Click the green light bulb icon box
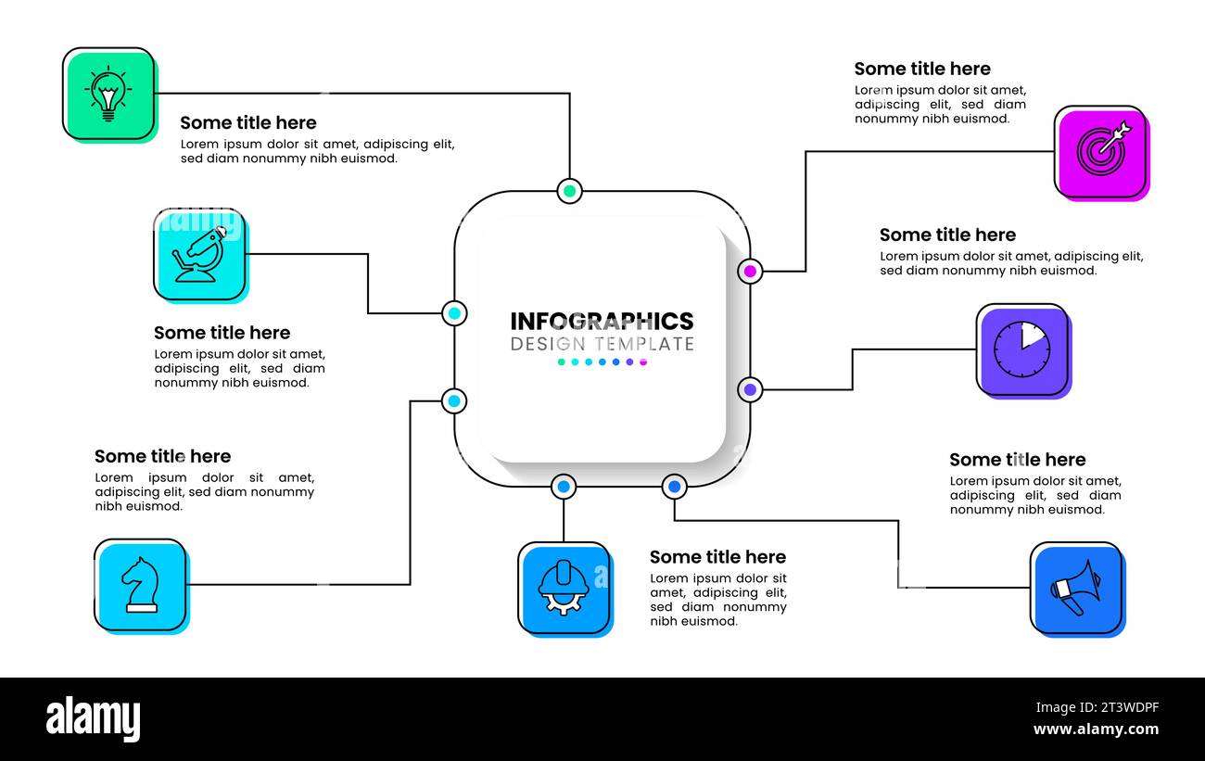pyautogui.click(x=108, y=94)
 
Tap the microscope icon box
pyautogui.click(x=199, y=255)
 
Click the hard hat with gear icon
pyautogui.click(x=564, y=588)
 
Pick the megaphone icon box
pyautogui.click(x=1076, y=588)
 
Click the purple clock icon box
pyautogui.click(x=1022, y=349)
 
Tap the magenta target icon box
pyautogui.click(x=1100, y=152)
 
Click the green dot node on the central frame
pyautogui.click(x=570, y=192)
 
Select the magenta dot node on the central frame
pyautogui.click(x=750, y=272)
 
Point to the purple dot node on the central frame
pyautogui.click(x=750, y=389)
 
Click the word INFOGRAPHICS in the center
pyautogui.click(x=602, y=322)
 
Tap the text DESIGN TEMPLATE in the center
pyautogui.click(x=602, y=344)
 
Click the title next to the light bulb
pyautogui.click(x=247, y=123)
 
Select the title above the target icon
pyautogui.click(x=921, y=70)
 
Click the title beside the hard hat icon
pyautogui.click(x=717, y=557)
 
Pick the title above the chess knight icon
pyautogui.click(x=162, y=456)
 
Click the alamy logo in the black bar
pyautogui.click(x=94, y=719)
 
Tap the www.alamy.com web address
pyautogui.click(x=1095, y=729)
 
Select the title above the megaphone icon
pyautogui.click(x=1017, y=460)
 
